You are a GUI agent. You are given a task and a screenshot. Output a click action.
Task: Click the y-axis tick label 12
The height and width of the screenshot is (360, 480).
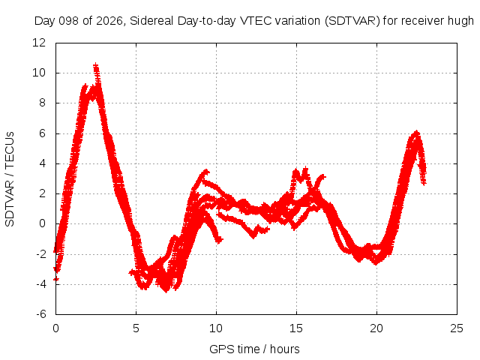tap(39, 43)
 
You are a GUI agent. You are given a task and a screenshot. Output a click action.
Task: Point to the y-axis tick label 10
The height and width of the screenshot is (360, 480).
tap(39, 73)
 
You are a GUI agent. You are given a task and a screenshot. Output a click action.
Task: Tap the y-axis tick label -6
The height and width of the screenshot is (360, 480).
tap(41, 314)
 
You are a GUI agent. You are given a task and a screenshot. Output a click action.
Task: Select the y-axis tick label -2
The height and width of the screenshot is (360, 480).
tap(41, 253)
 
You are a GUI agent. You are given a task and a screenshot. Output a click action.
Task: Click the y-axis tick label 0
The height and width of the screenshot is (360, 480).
tap(42, 223)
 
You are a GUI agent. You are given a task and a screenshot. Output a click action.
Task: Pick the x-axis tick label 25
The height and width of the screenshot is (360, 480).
tap(457, 328)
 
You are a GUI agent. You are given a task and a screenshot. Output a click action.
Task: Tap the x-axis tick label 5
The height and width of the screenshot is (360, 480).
tap(136, 328)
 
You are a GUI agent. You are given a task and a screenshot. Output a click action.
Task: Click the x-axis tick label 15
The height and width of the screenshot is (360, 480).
tap(296, 328)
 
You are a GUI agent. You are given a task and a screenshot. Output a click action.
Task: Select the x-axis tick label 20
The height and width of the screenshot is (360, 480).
tap(376, 328)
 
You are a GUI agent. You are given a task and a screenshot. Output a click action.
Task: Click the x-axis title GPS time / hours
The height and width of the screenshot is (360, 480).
tap(254, 349)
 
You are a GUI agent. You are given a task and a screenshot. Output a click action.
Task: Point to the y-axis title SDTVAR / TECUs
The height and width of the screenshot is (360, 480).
tap(10, 179)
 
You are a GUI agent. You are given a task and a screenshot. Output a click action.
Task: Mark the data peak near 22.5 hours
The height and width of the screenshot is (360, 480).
tap(416, 133)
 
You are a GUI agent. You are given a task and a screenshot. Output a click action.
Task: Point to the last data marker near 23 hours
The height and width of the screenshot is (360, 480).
tap(424, 183)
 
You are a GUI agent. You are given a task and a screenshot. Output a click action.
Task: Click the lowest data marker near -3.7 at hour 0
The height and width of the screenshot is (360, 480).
tap(55, 279)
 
